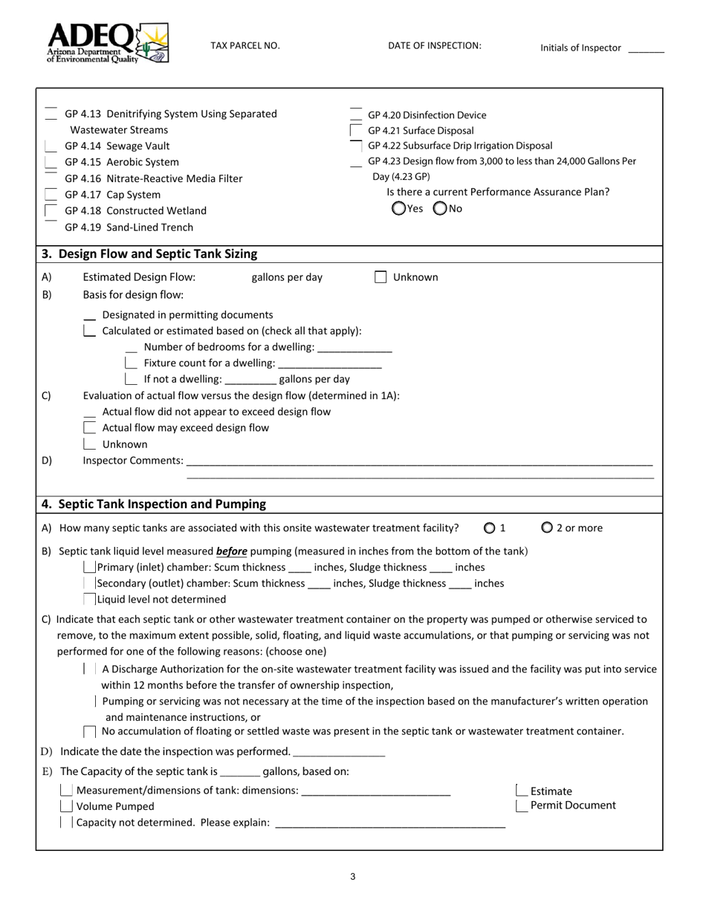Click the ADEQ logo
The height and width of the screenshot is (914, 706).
pyautogui.click(x=107, y=43)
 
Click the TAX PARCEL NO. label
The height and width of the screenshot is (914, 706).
pyautogui.click(x=245, y=46)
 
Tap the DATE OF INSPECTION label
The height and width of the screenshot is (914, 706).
pyautogui.click(x=434, y=46)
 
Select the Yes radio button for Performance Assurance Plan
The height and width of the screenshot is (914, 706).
pyautogui.click(x=399, y=209)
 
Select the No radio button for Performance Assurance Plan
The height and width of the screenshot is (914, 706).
pyautogui.click(x=440, y=209)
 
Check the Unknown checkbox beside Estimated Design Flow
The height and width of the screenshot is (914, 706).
pyautogui.click(x=380, y=277)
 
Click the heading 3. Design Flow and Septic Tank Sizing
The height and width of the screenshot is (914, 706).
pyautogui.click(x=149, y=254)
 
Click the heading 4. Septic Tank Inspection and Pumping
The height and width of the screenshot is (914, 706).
pyautogui.click(x=154, y=505)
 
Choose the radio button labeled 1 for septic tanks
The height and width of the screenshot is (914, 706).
pyautogui.click(x=489, y=528)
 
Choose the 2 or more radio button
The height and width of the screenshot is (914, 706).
pyautogui.click(x=547, y=528)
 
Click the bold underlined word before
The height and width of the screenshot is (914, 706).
pyautogui.click(x=231, y=551)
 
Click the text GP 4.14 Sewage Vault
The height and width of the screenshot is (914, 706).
pyautogui.click(x=117, y=146)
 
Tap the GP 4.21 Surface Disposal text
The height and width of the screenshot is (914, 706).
pyautogui.click(x=421, y=131)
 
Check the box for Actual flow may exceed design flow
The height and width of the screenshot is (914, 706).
pyautogui.click(x=90, y=428)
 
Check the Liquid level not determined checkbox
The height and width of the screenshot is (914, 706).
pyautogui.click(x=90, y=599)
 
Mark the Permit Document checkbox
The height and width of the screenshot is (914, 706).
pyautogui.click(x=522, y=806)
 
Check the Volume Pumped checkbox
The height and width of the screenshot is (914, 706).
pyautogui.click(x=66, y=806)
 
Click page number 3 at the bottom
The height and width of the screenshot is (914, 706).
pyautogui.click(x=352, y=877)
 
